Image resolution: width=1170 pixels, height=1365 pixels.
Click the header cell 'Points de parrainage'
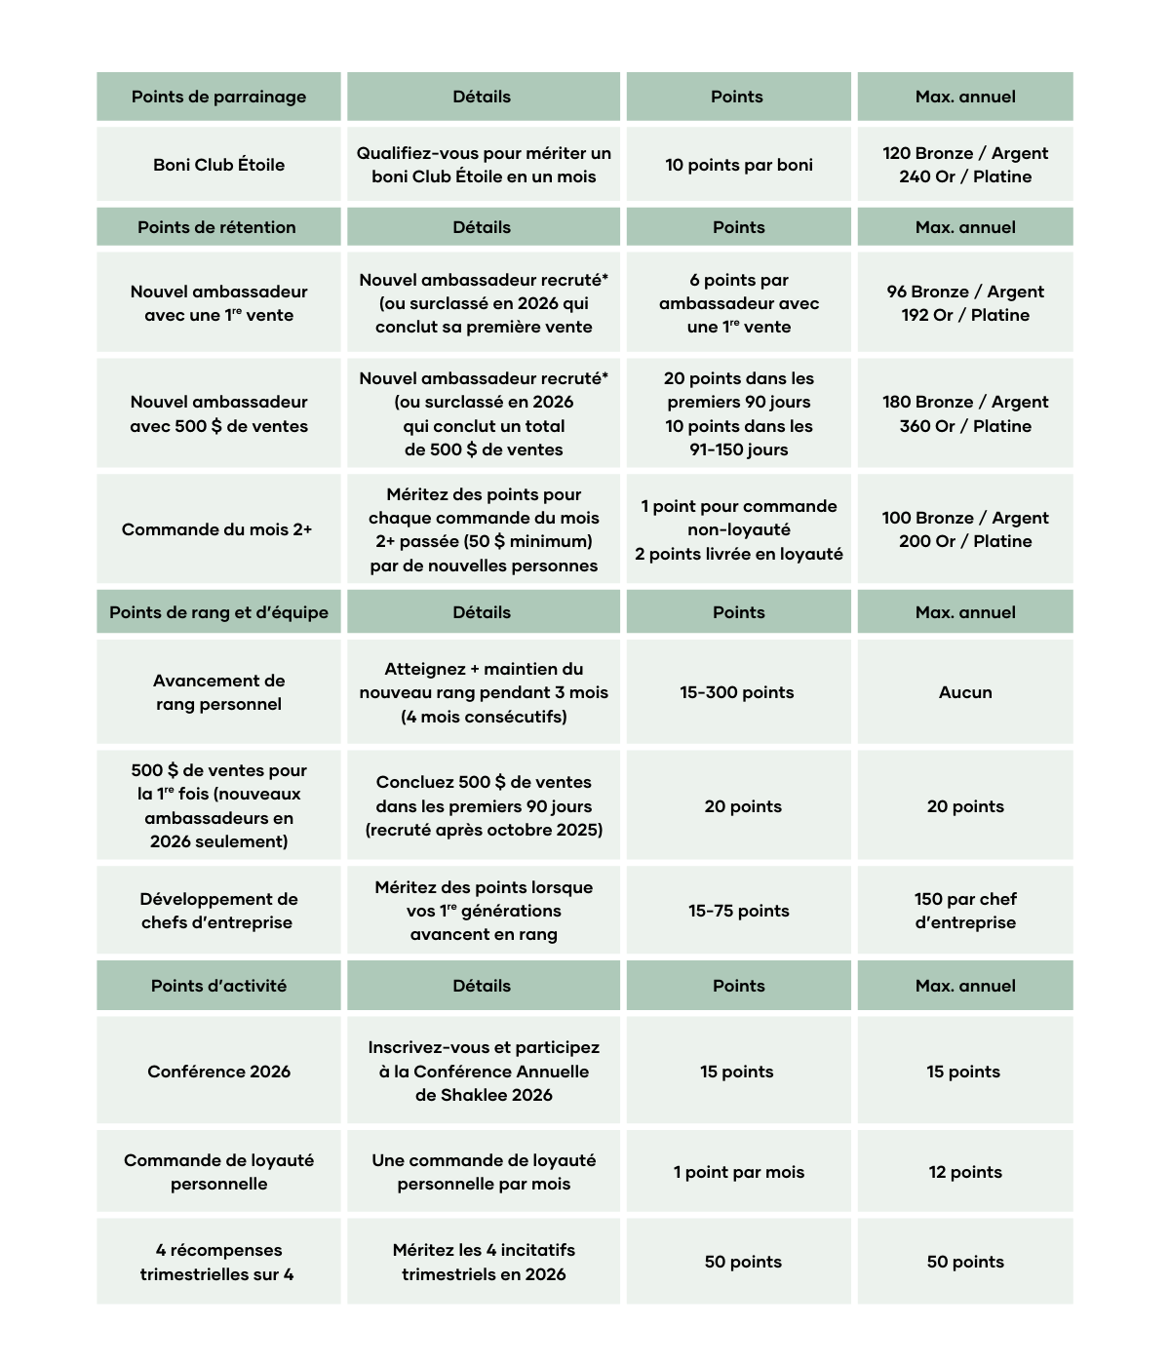coord(218,97)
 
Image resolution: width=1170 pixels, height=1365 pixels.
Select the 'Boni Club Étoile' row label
coord(218,165)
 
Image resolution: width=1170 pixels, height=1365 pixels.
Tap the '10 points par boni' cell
coord(738,165)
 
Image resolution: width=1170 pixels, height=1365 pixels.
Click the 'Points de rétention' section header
coord(216,227)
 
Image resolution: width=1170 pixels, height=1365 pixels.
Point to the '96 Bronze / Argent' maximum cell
coord(965,303)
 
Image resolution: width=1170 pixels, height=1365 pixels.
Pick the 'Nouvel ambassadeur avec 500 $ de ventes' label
coord(218,413)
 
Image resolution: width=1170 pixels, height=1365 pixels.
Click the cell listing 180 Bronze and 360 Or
coord(965,413)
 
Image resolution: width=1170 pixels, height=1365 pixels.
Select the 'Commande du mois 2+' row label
coord(216,529)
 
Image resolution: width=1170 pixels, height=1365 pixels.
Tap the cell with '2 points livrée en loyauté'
coord(738,530)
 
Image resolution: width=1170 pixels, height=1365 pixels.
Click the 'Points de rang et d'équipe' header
coord(218,612)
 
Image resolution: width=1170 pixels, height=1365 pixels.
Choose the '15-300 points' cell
coord(737,692)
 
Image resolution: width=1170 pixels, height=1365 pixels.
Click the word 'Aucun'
coord(965,692)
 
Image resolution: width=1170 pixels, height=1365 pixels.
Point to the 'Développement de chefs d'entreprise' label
coord(218,911)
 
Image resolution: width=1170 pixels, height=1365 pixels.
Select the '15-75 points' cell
coord(738,911)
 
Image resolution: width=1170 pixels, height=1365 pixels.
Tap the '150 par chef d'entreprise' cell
coord(965,911)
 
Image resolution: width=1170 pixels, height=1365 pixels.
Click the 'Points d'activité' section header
coord(218,986)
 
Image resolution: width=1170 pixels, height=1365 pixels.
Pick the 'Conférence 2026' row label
coord(218,1072)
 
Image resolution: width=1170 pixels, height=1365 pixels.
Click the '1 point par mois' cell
coord(738,1172)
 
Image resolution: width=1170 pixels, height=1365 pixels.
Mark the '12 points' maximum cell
coord(965,1172)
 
